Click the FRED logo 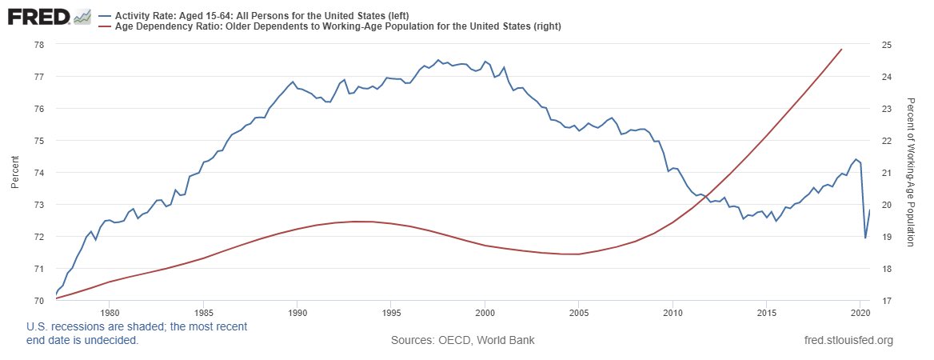click(49, 17)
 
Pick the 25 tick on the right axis click(886, 45)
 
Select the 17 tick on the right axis click(886, 301)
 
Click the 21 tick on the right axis click(886, 173)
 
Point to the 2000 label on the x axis click(485, 313)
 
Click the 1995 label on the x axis click(392, 313)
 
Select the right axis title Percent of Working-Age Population click(910, 173)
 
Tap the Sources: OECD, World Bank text click(462, 341)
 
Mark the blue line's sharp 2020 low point click(865, 238)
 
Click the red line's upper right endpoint click(842, 50)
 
